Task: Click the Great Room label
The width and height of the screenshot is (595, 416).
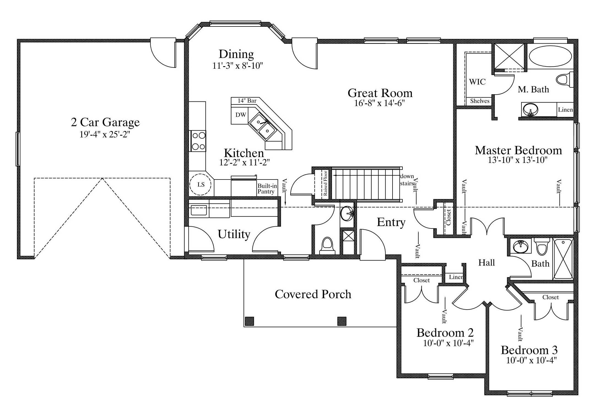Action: pos(380,93)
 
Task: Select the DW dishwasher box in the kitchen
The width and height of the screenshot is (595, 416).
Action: pos(240,115)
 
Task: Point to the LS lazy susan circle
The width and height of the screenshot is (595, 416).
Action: pos(201,184)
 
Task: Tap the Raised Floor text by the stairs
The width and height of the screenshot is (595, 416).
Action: pos(325,183)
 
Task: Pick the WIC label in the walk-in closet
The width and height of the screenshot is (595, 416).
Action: pos(477,82)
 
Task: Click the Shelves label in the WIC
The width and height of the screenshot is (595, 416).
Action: pos(480,101)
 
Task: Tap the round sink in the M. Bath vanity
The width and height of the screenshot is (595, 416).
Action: pos(530,110)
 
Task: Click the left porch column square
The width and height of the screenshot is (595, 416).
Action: pos(249,321)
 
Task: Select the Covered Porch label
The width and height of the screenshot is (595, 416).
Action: pos(313,294)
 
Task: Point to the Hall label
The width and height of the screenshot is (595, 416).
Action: pos(486,262)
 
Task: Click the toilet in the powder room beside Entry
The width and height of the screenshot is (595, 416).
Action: pos(327,246)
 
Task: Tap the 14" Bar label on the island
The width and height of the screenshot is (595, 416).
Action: pos(247,101)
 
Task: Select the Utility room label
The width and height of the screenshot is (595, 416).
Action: pos(234,234)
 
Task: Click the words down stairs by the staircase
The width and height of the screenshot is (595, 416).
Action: pos(407,180)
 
